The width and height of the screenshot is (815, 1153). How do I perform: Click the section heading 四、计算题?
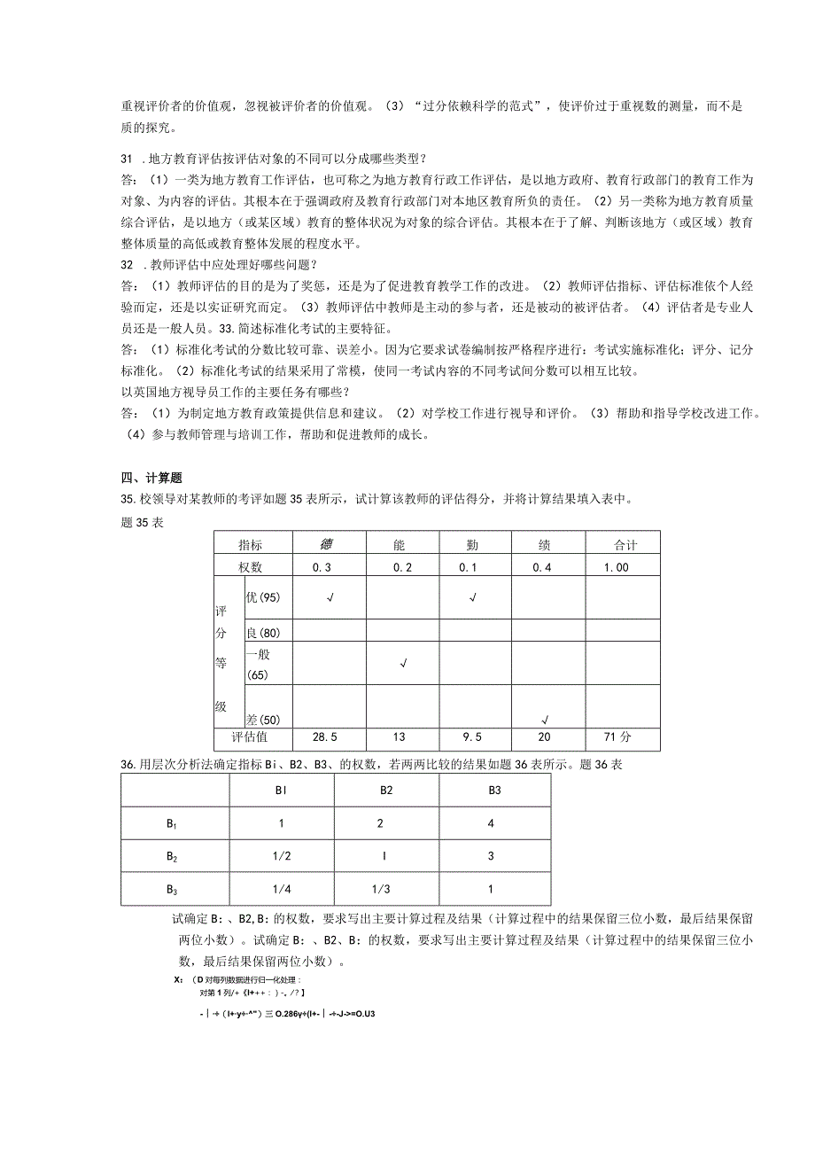[151, 478]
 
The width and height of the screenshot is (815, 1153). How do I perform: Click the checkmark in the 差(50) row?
[546, 719]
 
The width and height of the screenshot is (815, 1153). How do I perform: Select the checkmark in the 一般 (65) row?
[403, 663]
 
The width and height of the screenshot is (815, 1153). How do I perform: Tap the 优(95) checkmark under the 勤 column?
[473, 597]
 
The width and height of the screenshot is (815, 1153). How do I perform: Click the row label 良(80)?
[263, 633]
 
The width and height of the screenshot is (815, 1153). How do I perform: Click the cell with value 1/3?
[381, 889]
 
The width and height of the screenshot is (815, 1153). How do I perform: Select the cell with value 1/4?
[281, 889]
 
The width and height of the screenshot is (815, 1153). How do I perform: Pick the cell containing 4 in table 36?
[493, 823]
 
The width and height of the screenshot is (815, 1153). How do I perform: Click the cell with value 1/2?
[281, 856]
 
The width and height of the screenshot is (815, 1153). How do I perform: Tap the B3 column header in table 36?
[493, 790]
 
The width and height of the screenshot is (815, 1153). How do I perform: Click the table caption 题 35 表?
[142, 522]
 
